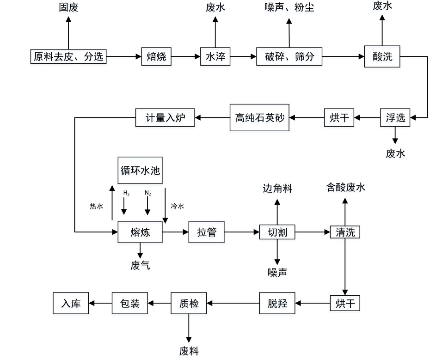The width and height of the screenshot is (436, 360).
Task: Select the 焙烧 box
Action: (x=156, y=56)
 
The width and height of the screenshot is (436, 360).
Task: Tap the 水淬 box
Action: (x=215, y=56)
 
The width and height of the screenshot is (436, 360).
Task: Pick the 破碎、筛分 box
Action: (x=289, y=56)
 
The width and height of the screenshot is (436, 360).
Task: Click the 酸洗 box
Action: (x=382, y=56)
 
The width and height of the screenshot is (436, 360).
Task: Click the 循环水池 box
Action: (x=140, y=170)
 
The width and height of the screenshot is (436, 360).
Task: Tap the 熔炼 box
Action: (x=140, y=232)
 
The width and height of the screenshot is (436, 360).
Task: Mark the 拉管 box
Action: (x=206, y=232)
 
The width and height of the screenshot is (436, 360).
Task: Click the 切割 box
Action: (x=277, y=232)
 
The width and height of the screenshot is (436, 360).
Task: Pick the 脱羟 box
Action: (x=277, y=303)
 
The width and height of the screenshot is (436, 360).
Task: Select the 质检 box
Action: (x=189, y=303)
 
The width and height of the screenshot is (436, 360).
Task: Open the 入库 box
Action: (x=71, y=303)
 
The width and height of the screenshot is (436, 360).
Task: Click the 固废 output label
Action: (x=69, y=7)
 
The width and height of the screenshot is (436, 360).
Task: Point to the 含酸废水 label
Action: (x=346, y=187)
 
